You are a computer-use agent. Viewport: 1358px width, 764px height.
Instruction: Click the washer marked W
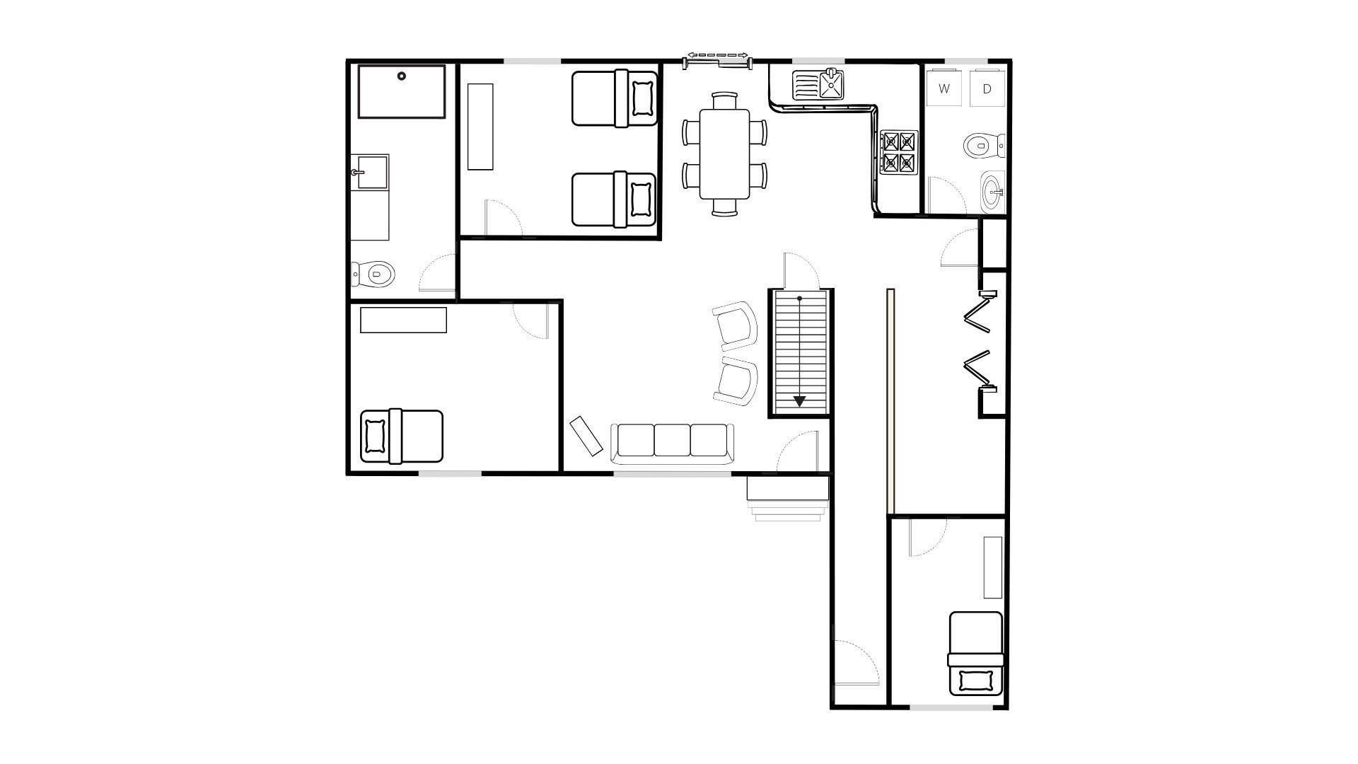click(x=944, y=88)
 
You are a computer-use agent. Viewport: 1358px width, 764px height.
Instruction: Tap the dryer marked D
click(x=987, y=88)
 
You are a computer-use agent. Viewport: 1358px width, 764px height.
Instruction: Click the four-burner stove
click(x=898, y=152)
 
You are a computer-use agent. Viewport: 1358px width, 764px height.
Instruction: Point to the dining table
click(x=724, y=154)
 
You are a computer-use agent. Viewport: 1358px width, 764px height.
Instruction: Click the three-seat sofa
click(x=672, y=443)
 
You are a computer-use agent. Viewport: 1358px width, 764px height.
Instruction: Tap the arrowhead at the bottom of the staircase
click(x=799, y=401)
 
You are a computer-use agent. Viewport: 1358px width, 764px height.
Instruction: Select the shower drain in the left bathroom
click(x=402, y=76)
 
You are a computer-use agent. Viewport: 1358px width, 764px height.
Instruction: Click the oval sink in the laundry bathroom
click(x=992, y=191)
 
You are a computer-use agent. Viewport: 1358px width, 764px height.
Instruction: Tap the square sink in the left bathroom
click(x=372, y=172)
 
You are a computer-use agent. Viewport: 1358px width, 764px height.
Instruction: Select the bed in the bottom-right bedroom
click(x=976, y=654)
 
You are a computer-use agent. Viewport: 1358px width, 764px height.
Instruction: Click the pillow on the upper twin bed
click(x=642, y=98)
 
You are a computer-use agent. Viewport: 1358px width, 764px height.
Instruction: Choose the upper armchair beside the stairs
click(x=736, y=325)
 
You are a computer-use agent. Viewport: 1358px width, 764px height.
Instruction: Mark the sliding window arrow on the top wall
click(x=718, y=54)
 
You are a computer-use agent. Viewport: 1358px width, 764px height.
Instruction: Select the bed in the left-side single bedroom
click(x=401, y=436)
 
